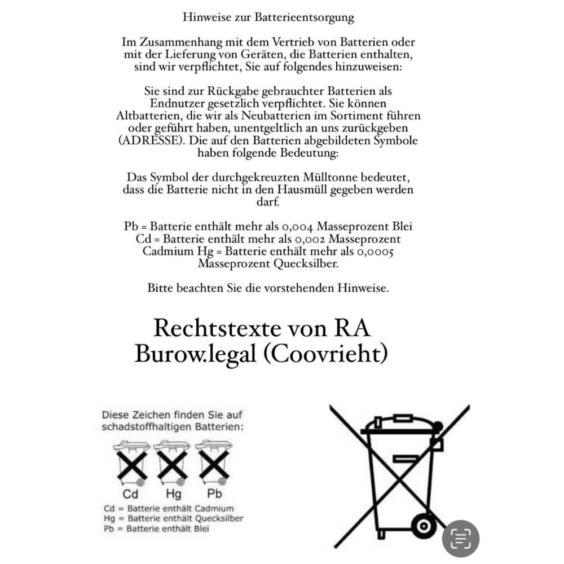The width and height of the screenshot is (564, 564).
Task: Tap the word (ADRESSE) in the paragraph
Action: coord(151,141)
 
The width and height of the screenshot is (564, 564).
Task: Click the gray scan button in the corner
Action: coord(460,539)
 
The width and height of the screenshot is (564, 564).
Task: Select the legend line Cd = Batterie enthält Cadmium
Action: coord(169,509)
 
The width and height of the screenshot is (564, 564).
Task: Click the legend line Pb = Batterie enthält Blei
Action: coord(157,529)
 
